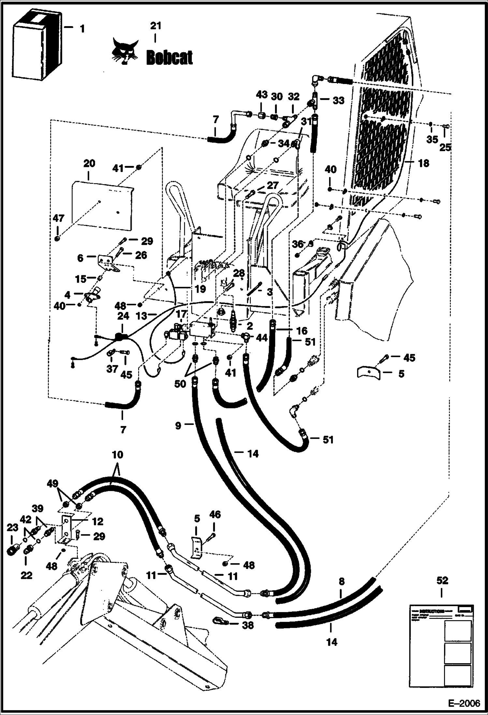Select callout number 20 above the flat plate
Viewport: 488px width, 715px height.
(x=89, y=164)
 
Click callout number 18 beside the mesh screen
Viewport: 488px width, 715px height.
(x=424, y=163)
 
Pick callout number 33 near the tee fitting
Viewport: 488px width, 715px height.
(x=338, y=101)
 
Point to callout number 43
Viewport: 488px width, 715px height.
(x=262, y=95)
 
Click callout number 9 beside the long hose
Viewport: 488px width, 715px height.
(x=178, y=426)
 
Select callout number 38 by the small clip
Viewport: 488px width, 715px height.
(x=248, y=625)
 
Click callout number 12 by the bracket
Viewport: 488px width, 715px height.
(x=97, y=521)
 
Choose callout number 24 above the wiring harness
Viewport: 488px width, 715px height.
(x=123, y=316)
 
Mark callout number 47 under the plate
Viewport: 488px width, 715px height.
(x=59, y=218)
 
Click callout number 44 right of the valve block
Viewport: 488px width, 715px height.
(x=261, y=338)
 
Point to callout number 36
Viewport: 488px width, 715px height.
(x=297, y=244)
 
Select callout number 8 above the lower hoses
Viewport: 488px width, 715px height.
(x=341, y=582)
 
